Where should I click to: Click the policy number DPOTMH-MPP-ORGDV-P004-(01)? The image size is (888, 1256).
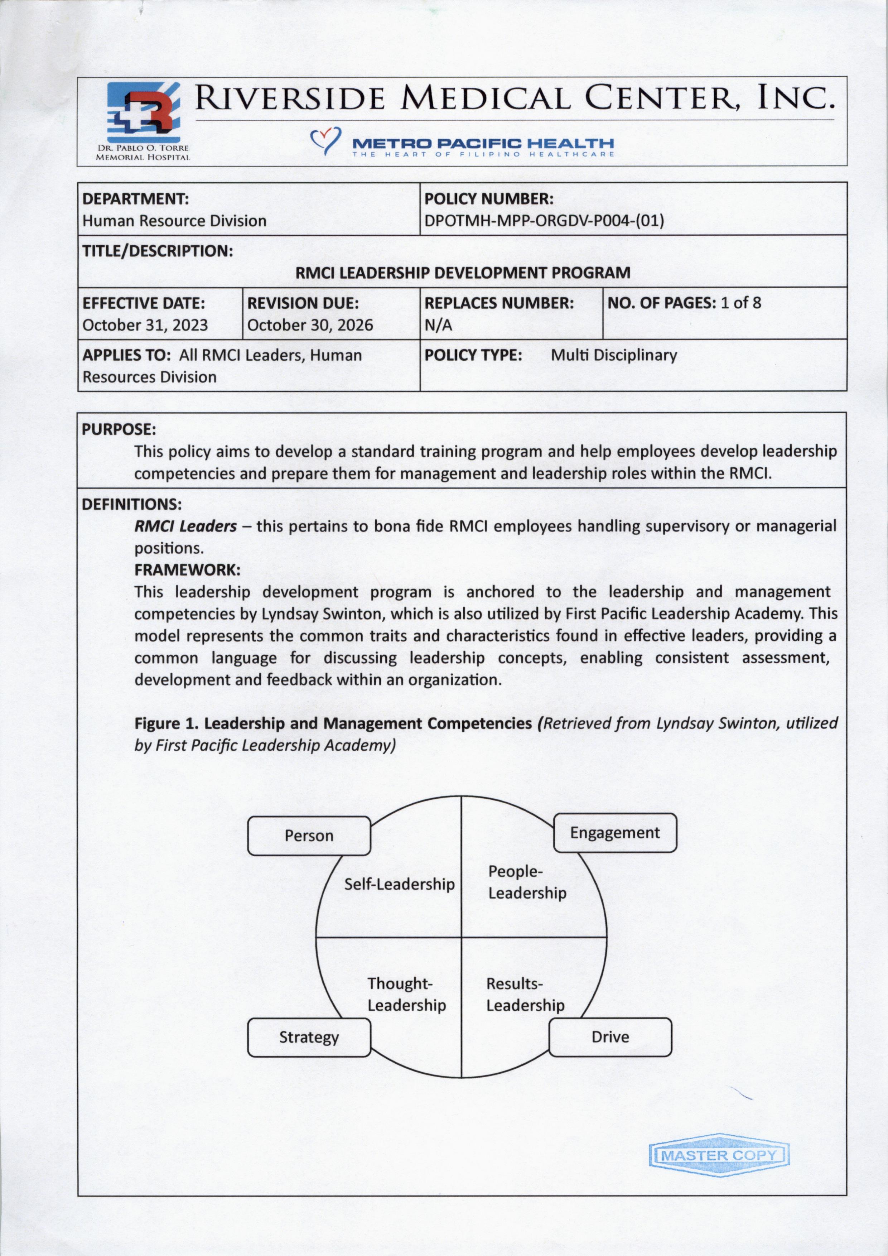[x=544, y=221]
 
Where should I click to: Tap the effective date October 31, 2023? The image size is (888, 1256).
[x=145, y=325]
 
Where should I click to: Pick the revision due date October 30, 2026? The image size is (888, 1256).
[x=310, y=325]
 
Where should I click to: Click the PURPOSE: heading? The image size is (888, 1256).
[x=119, y=429]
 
